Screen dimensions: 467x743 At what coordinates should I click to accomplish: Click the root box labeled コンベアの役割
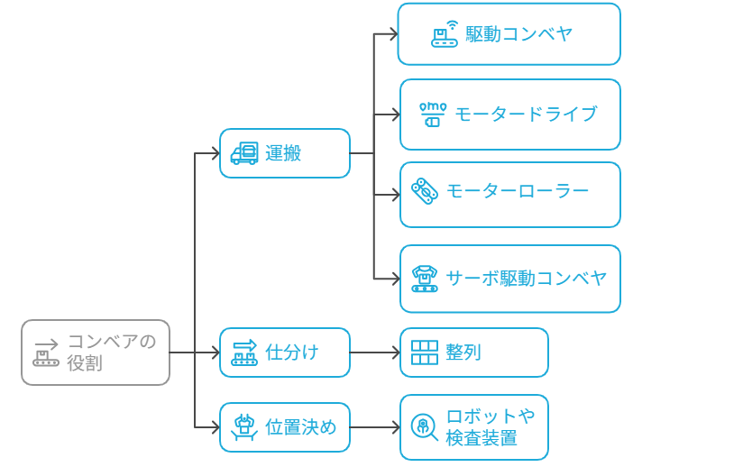tap(96, 353)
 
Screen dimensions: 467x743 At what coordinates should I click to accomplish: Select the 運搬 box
tap(285, 153)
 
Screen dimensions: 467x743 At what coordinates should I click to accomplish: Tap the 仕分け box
tap(285, 352)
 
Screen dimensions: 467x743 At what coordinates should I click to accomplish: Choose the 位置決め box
tap(285, 427)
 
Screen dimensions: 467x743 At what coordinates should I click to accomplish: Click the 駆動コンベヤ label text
tap(519, 34)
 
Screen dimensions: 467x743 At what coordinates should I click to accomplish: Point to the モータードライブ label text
tap(526, 114)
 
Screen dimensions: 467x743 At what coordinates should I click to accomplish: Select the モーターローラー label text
tap(518, 191)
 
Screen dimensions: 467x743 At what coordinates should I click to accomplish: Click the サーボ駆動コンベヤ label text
tap(527, 278)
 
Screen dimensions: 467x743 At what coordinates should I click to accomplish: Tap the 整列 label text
tap(463, 353)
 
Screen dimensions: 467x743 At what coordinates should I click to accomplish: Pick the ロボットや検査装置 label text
tap(491, 427)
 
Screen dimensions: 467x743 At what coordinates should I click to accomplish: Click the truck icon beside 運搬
tap(244, 154)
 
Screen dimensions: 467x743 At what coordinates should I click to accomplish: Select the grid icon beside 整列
tap(425, 353)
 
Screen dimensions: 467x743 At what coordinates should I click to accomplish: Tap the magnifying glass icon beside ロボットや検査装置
tap(424, 426)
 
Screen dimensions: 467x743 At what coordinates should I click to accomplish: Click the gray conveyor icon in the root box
tap(46, 353)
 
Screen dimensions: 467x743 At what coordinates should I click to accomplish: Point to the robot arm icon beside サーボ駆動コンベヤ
tap(424, 279)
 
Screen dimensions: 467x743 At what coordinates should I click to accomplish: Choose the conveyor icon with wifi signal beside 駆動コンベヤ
tap(445, 34)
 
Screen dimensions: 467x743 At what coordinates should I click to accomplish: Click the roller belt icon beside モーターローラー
tap(424, 191)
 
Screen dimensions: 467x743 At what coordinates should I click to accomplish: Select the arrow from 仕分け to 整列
tap(374, 353)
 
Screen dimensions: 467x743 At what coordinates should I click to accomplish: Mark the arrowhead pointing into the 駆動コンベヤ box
tap(393, 34)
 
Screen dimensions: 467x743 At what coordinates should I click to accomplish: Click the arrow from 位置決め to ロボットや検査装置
tap(374, 427)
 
